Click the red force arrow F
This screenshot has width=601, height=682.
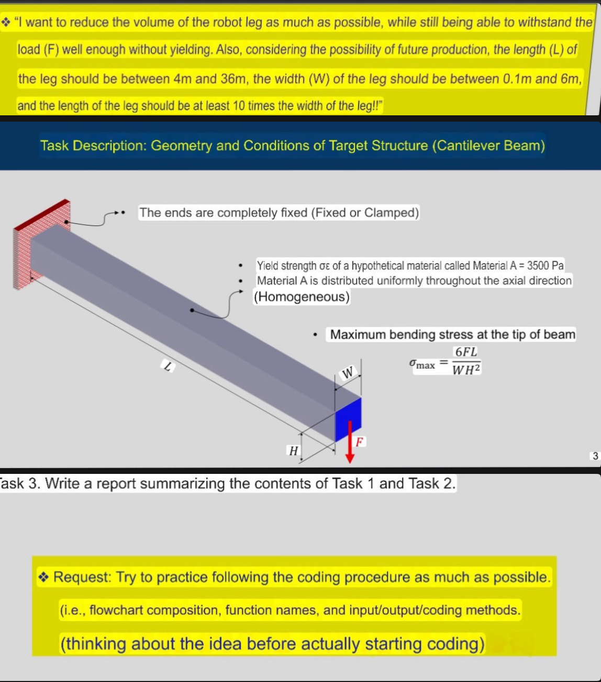pyautogui.click(x=350, y=443)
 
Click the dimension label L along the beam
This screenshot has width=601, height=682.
pyautogui.click(x=167, y=367)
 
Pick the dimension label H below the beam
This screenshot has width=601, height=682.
pyautogui.click(x=294, y=451)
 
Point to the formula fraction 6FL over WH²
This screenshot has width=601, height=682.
pyautogui.click(x=466, y=361)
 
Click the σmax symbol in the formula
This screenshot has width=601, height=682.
pyautogui.click(x=422, y=363)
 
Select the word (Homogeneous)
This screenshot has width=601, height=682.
pyautogui.click(x=302, y=297)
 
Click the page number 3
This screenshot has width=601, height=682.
pyautogui.click(x=595, y=456)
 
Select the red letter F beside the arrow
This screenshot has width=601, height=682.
pyautogui.click(x=360, y=441)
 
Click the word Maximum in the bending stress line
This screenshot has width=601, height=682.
pyautogui.click(x=357, y=334)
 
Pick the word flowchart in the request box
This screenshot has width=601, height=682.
pyautogui.click(x=116, y=610)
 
